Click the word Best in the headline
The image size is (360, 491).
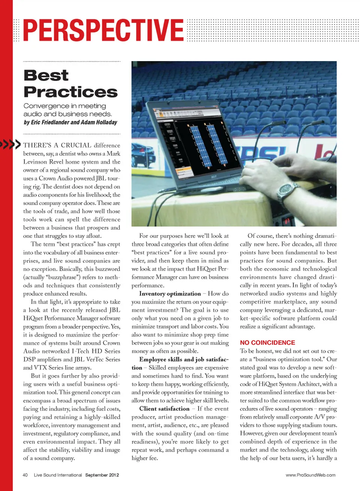[46, 75]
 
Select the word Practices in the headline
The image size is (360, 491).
[70, 92]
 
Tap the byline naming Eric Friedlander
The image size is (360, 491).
[70, 123]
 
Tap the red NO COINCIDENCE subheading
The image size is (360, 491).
[267, 343]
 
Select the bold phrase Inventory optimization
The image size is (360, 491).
[170, 294]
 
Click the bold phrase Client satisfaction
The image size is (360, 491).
[164, 409]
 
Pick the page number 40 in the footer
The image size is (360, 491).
[25, 475]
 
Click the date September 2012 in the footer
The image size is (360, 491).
[102, 475]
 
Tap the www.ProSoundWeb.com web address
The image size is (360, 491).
[310, 475]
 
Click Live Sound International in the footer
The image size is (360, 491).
[58, 475]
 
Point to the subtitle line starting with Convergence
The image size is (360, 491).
[64, 106]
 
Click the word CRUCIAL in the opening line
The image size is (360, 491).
[76, 145]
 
